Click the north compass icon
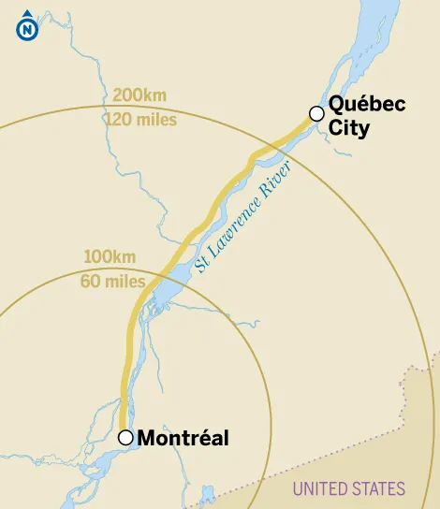click(26, 29)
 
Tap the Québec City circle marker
click(316, 113)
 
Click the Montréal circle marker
click(125, 437)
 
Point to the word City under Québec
click(348, 128)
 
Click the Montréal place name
click(183, 438)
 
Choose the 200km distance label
click(138, 95)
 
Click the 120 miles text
click(144, 120)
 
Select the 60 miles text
click(113, 281)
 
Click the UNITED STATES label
click(348, 488)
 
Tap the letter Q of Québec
click(336, 105)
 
